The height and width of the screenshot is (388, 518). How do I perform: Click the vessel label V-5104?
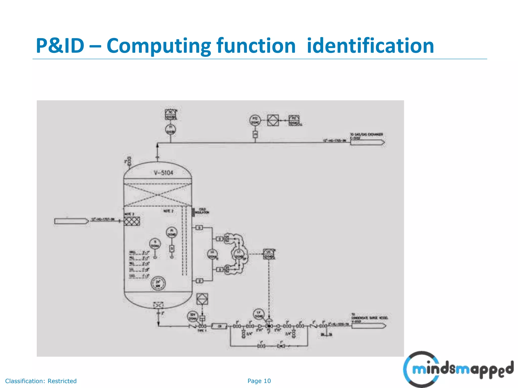[x=164, y=173]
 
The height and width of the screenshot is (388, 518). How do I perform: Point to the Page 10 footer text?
[x=259, y=381]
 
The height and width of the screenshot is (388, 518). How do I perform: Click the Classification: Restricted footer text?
[x=41, y=381]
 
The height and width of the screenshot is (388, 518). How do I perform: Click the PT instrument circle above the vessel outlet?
[x=170, y=130]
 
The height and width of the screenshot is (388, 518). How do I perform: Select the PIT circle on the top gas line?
[x=255, y=120]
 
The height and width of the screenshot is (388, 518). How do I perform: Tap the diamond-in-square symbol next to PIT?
[x=273, y=120]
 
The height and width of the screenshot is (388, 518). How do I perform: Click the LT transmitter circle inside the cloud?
[x=239, y=254]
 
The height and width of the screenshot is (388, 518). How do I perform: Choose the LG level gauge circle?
[x=212, y=254]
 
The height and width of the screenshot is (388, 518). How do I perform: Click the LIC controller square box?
[x=269, y=254]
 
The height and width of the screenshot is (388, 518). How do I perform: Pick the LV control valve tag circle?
[x=258, y=314]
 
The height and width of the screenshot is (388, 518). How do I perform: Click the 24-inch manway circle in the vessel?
[x=158, y=283]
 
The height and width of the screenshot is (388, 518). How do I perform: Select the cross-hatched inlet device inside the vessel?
[x=132, y=221]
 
